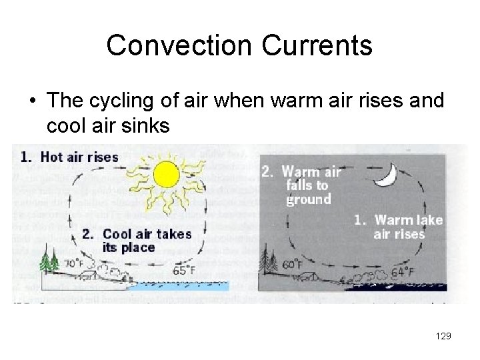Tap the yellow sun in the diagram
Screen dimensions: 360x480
pos(166,175)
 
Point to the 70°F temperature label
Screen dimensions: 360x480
pos(74,263)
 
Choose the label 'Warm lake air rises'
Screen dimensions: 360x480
pos(401,227)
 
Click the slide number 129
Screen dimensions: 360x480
pos(443,336)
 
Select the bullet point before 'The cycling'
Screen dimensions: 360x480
pos(32,101)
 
